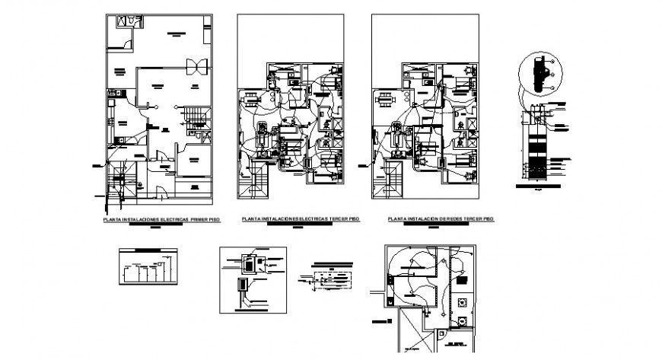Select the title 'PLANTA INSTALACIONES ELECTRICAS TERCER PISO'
click(x=299, y=219)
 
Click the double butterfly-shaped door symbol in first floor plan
click(x=196, y=65)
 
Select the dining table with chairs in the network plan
click(x=385, y=98)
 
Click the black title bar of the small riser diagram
click(x=148, y=250)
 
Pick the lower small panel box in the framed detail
click(x=243, y=286)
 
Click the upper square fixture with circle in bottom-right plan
click(x=463, y=301)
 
